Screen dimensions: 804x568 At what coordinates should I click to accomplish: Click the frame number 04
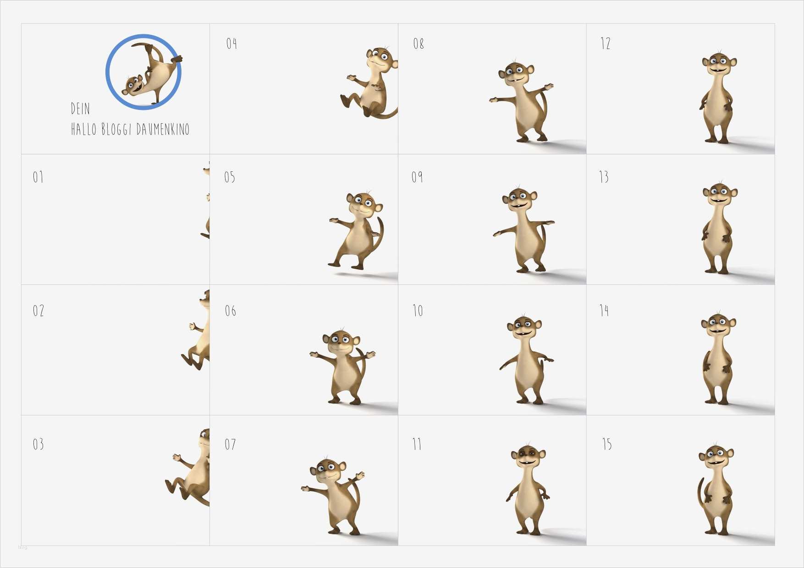tap(231, 44)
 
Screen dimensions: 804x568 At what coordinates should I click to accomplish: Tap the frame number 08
tap(419, 44)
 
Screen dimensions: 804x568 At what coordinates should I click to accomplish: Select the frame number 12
tap(606, 44)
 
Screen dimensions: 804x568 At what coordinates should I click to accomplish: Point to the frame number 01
tap(38, 177)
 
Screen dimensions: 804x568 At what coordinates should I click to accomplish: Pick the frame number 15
tap(607, 444)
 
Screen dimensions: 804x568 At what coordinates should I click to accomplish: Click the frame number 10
tap(418, 311)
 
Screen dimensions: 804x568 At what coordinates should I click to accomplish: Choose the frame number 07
tap(230, 444)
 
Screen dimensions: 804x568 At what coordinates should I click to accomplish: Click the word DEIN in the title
tap(80, 109)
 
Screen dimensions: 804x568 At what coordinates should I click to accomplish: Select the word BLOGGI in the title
tap(116, 130)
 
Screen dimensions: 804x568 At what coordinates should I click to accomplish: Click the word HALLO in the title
tap(84, 129)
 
